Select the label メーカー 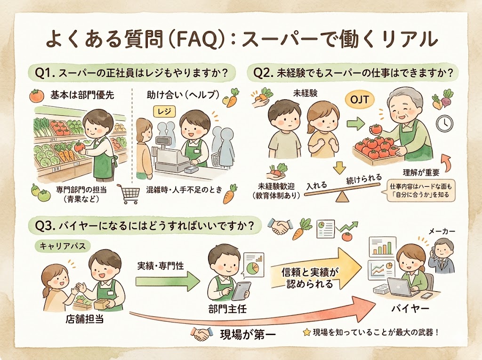442,232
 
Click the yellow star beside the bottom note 306,332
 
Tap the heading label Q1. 46,73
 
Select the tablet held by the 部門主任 240,290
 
